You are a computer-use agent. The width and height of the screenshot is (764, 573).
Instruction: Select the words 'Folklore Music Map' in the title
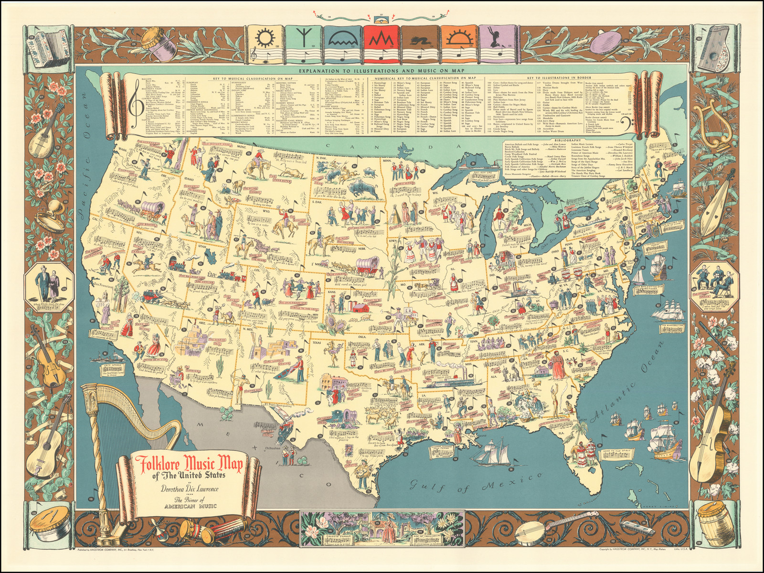pyautogui.click(x=189, y=464)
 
